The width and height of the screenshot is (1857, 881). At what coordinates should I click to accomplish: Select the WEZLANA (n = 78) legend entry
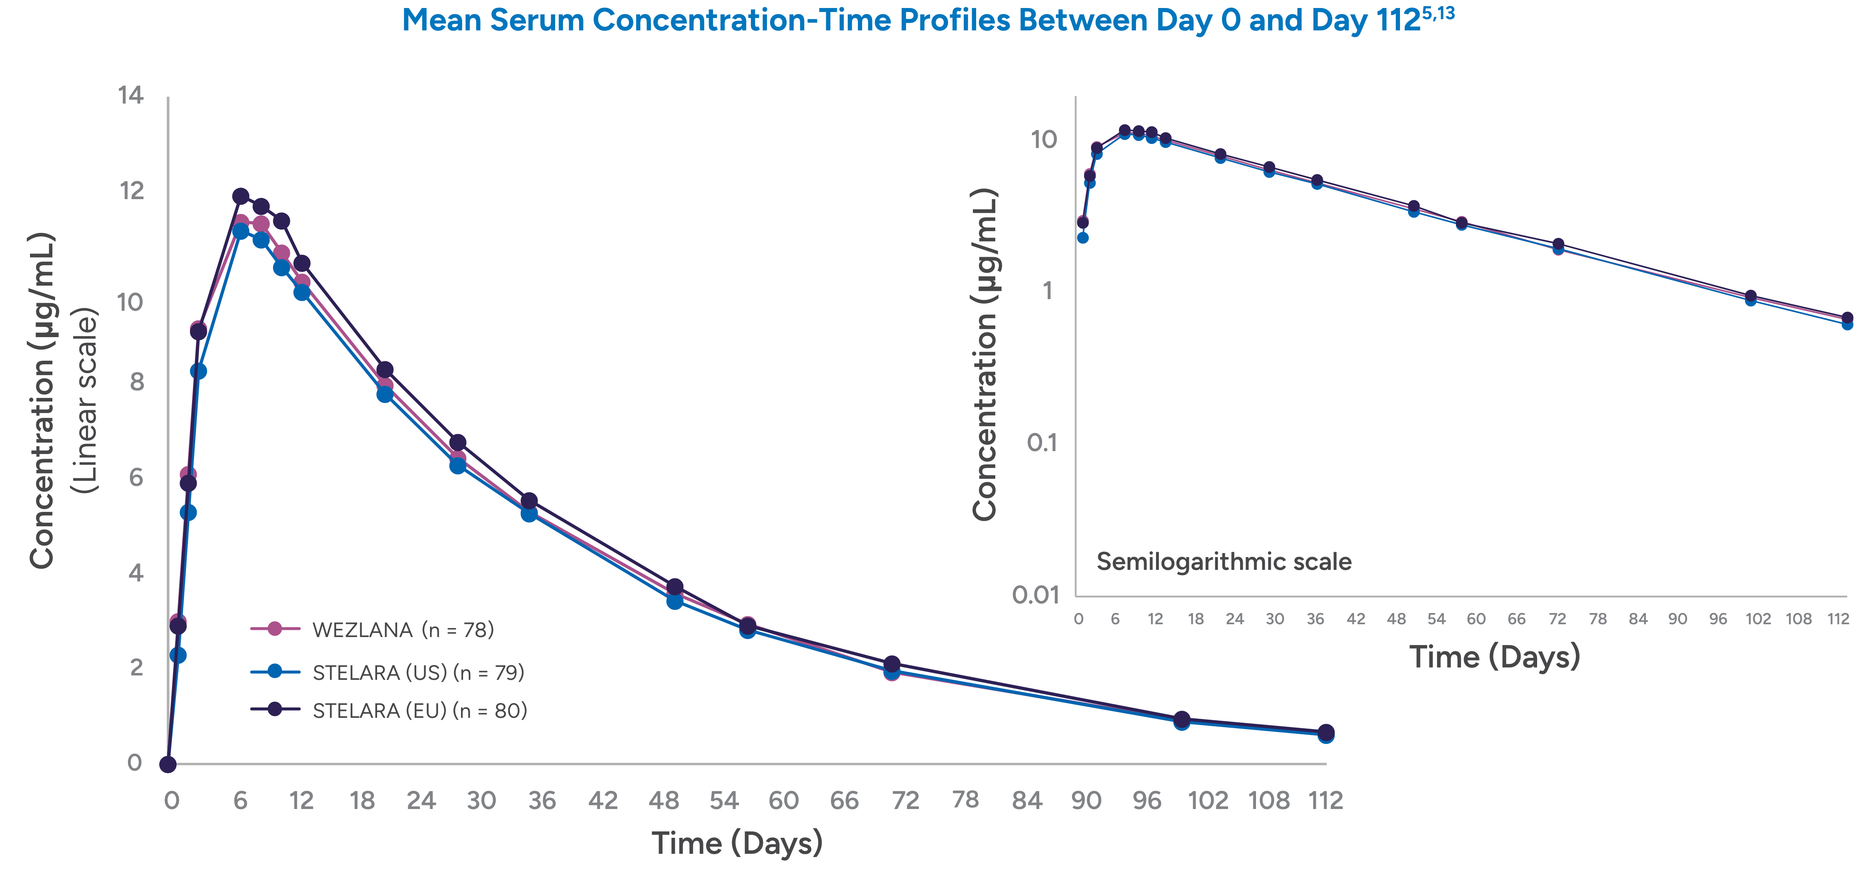point(402,629)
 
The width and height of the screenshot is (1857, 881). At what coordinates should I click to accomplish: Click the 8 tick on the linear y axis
point(136,382)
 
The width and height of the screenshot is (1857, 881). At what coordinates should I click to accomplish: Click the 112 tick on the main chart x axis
point(1325,800)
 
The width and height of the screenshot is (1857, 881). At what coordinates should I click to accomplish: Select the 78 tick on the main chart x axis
point(965,800)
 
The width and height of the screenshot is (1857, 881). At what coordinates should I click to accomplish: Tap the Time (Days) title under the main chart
point(737,843)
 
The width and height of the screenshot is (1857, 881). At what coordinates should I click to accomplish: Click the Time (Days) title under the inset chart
point(1494,657)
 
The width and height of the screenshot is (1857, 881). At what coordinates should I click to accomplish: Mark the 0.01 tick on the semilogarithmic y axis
point(1036,595)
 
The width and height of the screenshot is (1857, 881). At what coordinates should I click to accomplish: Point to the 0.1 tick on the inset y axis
point(1042,443)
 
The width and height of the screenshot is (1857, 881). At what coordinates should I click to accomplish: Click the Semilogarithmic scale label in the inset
point(1223,561)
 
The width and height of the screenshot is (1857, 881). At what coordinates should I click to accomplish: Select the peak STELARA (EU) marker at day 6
point(241,196)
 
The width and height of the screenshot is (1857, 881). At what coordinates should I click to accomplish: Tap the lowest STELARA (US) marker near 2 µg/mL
point(178,655)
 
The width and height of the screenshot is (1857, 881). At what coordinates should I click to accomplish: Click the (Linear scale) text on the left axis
point(85,400)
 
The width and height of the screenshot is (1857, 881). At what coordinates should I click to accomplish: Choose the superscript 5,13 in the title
point(1438,12)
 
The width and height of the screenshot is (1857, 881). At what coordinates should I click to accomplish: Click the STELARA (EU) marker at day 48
point(675,587)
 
